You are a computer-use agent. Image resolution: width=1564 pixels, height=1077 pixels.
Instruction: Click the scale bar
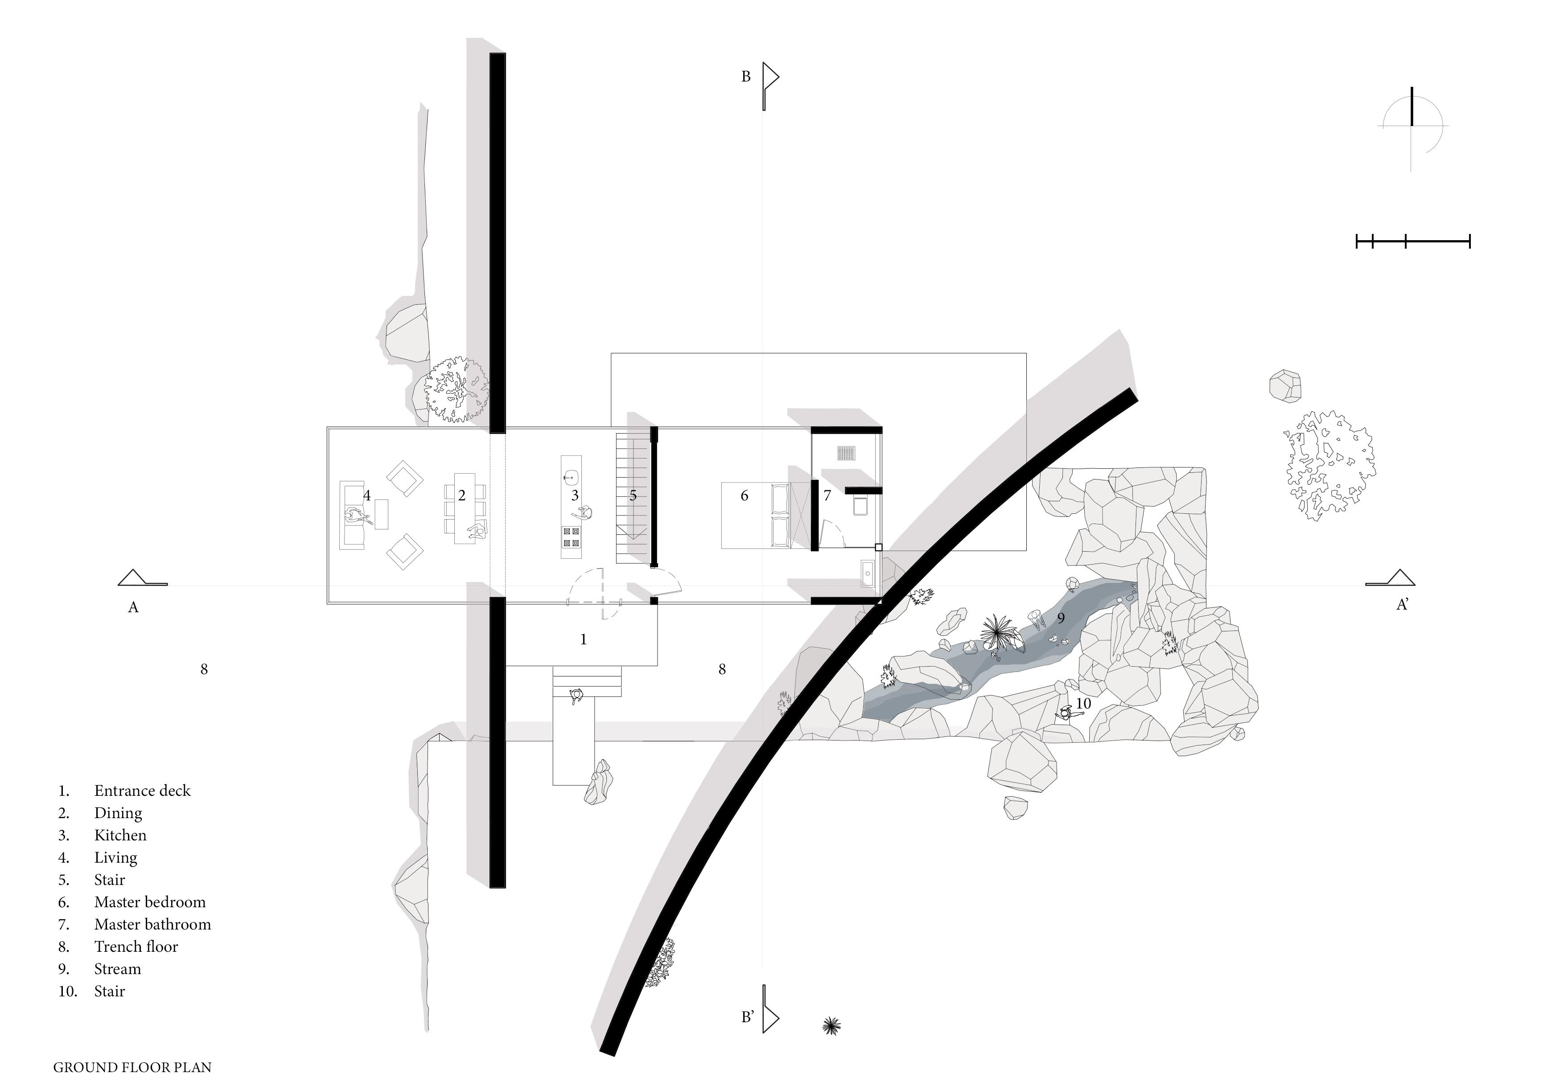[1413, 241]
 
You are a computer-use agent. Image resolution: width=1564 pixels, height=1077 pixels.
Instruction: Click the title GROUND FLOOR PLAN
[132, 1067]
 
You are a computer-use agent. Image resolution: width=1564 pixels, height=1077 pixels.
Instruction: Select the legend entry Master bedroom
[150, 902]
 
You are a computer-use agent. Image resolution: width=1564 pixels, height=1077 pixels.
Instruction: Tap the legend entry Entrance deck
[142, 791]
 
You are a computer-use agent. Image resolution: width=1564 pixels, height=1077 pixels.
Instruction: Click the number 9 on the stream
[1061, 618]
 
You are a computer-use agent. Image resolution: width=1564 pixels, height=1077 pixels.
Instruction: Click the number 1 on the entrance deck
[583, 639]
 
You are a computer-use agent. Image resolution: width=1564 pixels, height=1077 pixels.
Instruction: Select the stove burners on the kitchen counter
[571, 537]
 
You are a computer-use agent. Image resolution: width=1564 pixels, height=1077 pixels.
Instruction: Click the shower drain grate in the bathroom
[847, 453]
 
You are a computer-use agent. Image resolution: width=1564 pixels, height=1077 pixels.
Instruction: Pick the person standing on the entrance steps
[576, 696]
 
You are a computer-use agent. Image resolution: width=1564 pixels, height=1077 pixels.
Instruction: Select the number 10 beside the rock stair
[1082, 704]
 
